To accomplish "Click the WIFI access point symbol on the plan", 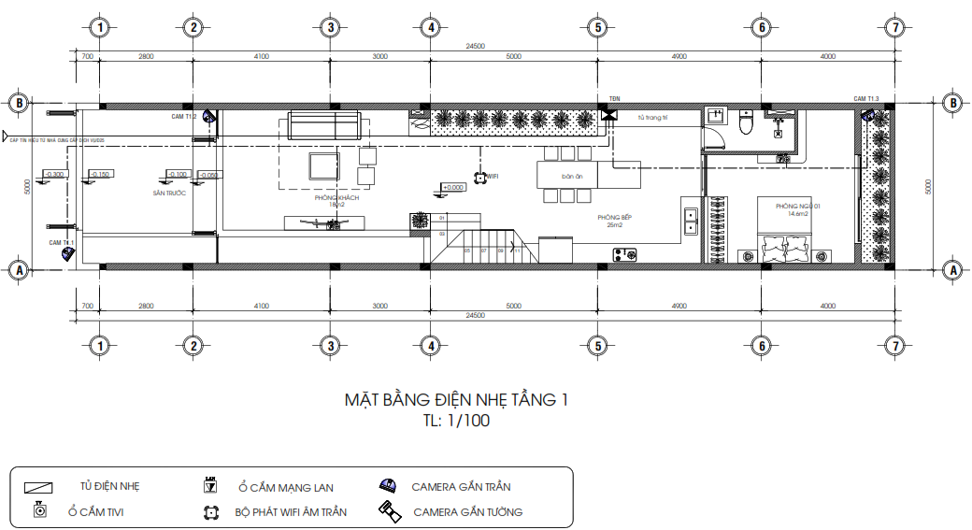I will [x=479, y=176].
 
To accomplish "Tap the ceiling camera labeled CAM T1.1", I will [x=67, y=251].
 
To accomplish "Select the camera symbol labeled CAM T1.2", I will [x=209, y=118].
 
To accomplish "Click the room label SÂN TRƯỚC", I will [x=169, y=193].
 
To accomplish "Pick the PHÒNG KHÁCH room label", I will [x=336, y=198].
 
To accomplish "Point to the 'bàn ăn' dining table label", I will [x=572, y=176].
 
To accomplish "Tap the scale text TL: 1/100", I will [x=456, y=421].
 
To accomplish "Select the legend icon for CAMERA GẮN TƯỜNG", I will [x=389, y=510].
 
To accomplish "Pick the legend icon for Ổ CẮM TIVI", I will [x=39, y=510].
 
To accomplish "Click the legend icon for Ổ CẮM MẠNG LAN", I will [x=211, y=485].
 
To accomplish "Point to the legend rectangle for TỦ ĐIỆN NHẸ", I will [x=39, y=487].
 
